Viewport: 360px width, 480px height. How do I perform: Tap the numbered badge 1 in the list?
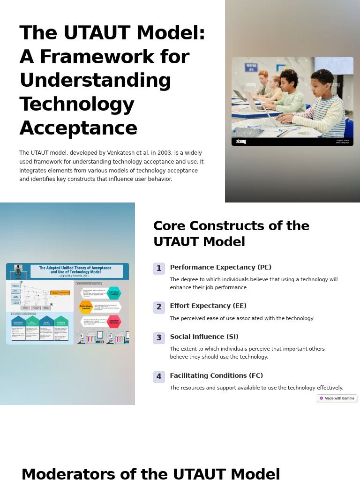[x=159, y=269]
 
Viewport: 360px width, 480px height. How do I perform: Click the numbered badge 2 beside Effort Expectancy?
[x=159, y=307]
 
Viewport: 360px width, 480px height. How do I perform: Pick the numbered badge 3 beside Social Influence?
[x=159, y=338]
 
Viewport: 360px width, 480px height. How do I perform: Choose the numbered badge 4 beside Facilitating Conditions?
[x=159, y=377]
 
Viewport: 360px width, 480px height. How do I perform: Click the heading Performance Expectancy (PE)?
[x=220, y=268]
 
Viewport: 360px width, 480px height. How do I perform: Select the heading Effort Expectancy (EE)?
[x=208, y=306]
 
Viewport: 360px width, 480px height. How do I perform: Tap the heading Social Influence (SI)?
[x=204, y=337]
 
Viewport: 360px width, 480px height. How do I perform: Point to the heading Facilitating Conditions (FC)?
[x=216, y=376]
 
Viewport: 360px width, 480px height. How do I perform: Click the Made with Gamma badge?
[x=337, y=398]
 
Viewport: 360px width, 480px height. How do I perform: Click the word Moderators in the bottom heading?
[x=68, y=474]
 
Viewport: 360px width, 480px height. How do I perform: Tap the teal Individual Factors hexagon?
[x=114, y=293]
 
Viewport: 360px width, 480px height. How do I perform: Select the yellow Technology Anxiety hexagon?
[x=86, y=307]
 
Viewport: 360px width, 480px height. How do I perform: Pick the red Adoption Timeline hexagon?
[x=114, y=322]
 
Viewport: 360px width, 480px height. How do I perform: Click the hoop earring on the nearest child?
[x=326, y=91]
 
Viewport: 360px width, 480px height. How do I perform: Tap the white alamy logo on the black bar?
[x=241, y=142]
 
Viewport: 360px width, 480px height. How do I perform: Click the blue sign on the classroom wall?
[x=251, y=67]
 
